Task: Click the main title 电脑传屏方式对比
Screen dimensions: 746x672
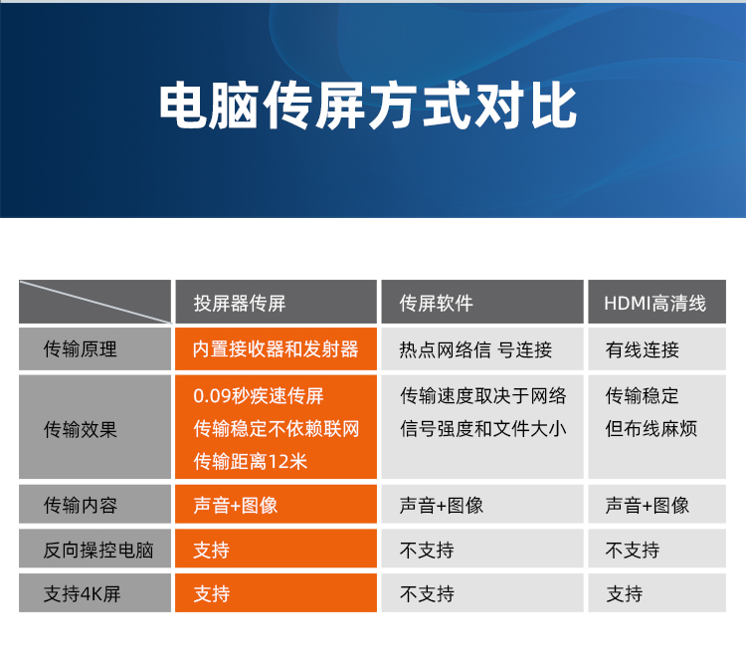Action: click(368, 106)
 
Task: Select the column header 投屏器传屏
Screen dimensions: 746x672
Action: click(240, 303)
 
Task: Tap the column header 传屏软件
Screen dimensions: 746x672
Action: click(437, 303)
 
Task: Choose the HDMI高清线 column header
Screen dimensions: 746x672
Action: click(654, 303)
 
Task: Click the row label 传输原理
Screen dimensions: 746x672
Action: click(80, 349)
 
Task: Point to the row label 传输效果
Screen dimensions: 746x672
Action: click(80, 429)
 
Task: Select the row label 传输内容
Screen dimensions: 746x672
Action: click(80, 505)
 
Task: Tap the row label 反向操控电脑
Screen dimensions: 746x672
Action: click(98, 550)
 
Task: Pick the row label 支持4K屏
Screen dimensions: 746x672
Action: click(82, 594)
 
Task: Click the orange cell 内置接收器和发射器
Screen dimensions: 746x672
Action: click(276, 349)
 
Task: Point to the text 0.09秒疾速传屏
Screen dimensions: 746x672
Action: click(259, 396)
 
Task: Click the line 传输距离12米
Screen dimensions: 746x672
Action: click(251, 461)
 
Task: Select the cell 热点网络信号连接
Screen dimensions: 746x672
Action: click(475, 350)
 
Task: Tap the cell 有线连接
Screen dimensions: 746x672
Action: click(643, 350)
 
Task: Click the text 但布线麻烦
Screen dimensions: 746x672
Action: click(652, 429)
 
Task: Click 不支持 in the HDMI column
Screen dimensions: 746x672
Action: click(633, 551)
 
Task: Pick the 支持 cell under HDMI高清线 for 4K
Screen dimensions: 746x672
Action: click(625, 594)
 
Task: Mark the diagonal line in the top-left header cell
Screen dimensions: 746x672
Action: click(95, 302)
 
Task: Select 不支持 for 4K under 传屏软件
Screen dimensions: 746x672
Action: click(427, 594)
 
